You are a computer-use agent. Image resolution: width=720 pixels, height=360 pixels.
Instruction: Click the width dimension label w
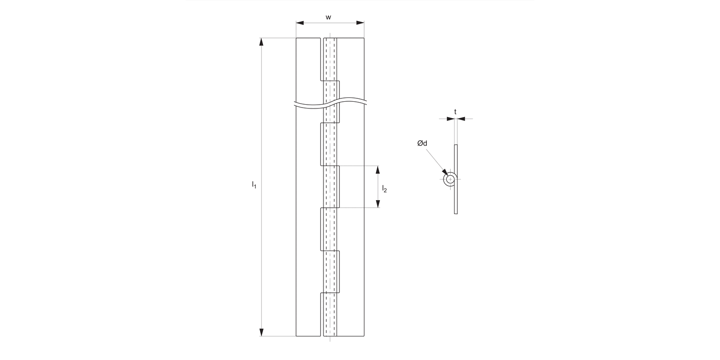click(328, 17)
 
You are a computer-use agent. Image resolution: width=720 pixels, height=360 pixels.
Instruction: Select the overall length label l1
click(254, 184)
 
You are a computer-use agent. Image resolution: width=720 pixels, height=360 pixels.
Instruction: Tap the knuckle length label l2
click(384, 189)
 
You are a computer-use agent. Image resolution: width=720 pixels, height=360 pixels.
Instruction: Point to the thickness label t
click(455, 111)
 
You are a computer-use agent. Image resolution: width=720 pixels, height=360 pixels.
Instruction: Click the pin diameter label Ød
click(422, 143)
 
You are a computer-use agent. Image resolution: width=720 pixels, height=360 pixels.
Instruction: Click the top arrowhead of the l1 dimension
click(262, 42)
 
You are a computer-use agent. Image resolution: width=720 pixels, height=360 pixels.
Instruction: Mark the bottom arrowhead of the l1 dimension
click(262, 332)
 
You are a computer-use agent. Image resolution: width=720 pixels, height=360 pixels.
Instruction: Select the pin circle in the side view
click(450, 180)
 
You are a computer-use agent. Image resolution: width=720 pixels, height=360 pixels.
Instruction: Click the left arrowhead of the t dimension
click(450, 119)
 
